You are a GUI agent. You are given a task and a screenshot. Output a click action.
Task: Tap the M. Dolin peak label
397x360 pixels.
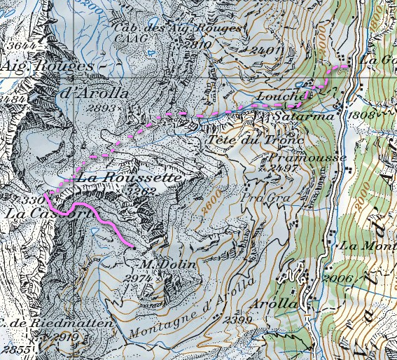158,264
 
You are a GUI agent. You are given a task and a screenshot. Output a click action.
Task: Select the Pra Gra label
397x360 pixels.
258,198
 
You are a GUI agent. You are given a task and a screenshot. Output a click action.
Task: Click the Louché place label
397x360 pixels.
282,95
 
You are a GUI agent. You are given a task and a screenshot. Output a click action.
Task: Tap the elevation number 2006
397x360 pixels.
339,279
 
